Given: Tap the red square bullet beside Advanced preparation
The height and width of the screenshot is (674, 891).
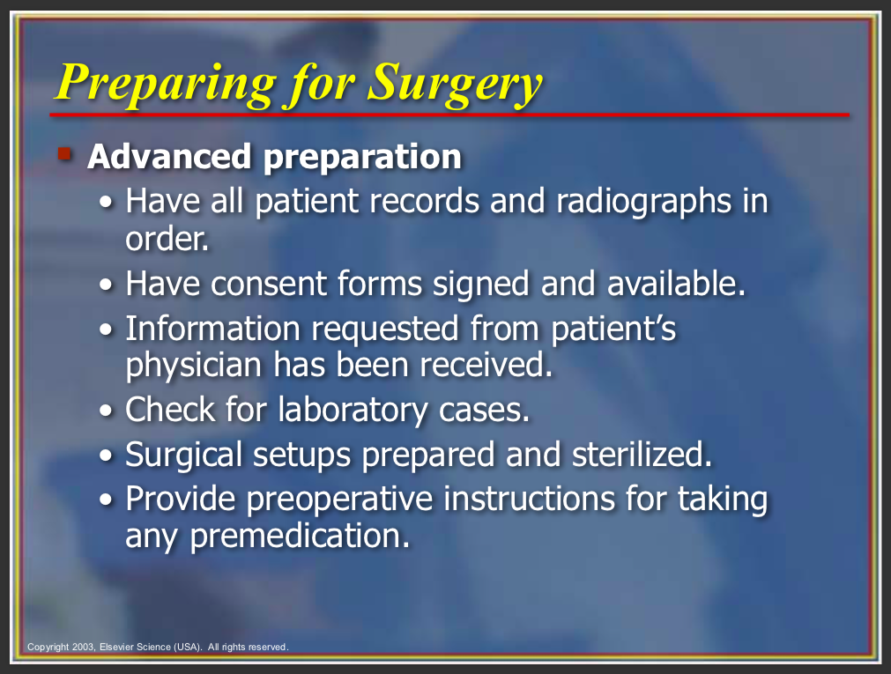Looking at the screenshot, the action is pyautogui.click(x=64, y=154).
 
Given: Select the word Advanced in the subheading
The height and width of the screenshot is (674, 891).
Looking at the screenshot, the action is pyautogui.click(x=169, y=156).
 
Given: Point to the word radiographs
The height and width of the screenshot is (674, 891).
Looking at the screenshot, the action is pyautogui.click(x=644, y=203).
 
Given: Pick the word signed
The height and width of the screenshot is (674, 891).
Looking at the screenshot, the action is pyautogui.click(x=481, y=285).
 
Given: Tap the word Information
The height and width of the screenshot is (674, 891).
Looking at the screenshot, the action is pyautogui.click(x=212, y=329).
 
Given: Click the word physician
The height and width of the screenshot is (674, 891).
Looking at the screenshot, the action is pyautogui.click(x=193, y=366).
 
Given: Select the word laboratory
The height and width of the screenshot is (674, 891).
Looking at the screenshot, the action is pyautogui.click(x=353, y=411).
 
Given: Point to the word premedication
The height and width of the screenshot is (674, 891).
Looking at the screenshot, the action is pyautogui.click(x=300, y=536).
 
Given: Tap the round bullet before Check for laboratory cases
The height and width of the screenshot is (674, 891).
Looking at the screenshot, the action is pyautogui.click(x=107, y=411).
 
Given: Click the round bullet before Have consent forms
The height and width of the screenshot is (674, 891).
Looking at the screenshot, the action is pyautogui.click(x=107, y=285).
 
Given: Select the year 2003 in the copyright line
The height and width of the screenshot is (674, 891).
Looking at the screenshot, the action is pyautogui.click(x=84, y=647).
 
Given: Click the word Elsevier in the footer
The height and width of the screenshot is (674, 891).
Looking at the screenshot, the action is pyautogui.click(x=117, y=647).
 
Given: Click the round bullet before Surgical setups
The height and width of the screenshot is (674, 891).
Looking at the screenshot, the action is pyautogui.click(x=107, y=456).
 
